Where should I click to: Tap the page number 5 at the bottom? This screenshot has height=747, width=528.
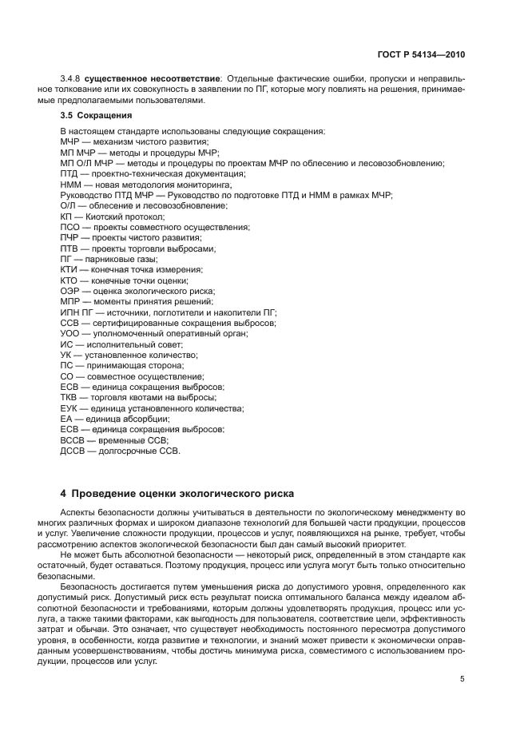(x=462, y=679)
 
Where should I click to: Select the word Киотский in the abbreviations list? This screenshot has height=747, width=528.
(x=109, y=217)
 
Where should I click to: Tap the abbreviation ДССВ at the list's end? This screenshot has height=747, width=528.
(x=74, y=451)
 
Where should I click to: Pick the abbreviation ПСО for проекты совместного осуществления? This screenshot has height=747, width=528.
(x=70, y=227)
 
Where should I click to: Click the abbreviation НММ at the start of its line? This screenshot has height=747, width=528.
(x=71, y=185)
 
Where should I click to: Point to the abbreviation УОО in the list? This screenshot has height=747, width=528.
(x=70, y=333)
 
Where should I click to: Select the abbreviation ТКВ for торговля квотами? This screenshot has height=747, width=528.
(x=70, y=397)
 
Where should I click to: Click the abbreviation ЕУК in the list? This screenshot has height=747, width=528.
(x=70, y=408)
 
